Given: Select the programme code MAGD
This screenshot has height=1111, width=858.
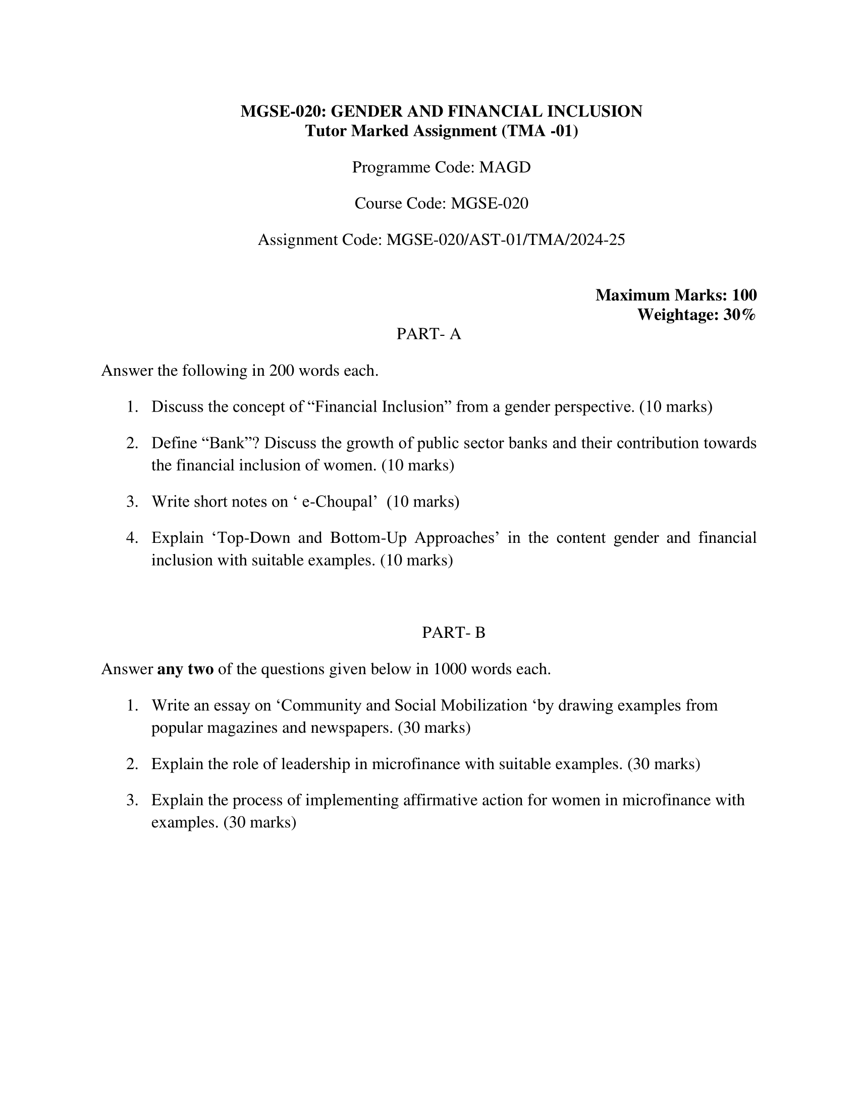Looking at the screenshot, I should coord(505,167).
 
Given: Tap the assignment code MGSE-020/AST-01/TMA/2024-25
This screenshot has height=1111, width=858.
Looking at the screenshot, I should coord(505,239).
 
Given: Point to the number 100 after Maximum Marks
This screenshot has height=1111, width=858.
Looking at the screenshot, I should coord(744,295).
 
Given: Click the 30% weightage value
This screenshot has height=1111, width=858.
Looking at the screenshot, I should coord(739,315).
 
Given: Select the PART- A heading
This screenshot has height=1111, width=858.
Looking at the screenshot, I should coord(428,334).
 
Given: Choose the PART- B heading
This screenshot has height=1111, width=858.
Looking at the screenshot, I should coord(453,633).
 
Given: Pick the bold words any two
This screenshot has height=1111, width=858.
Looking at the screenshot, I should coord(185,669).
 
